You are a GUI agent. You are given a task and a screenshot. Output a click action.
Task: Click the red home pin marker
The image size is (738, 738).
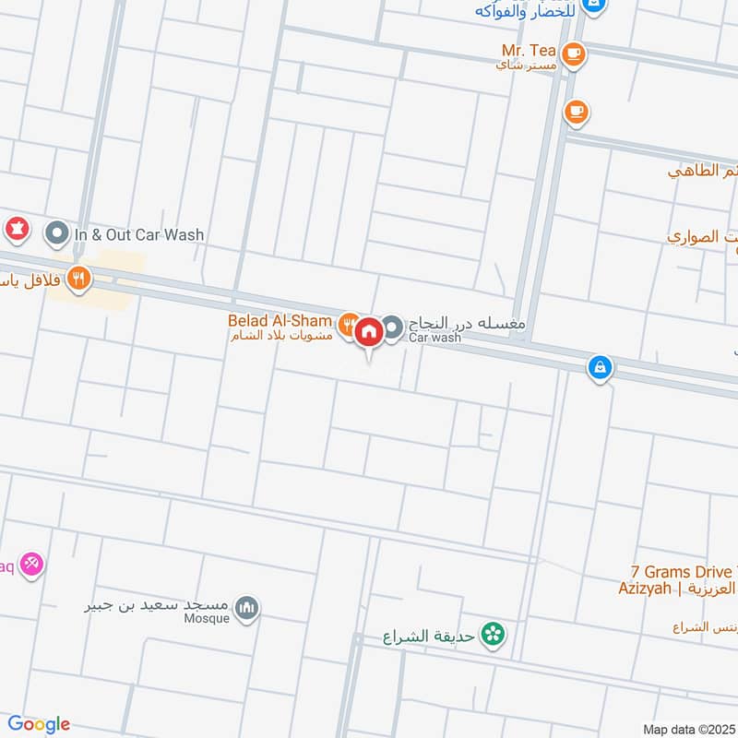pos(369,331)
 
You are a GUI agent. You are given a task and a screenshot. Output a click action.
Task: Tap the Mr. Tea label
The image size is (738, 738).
pos(529,50)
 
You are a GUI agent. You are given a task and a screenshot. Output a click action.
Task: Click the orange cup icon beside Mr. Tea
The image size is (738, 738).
pos(574,53)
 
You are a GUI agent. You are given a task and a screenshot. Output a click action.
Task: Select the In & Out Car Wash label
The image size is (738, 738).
pos(138,234)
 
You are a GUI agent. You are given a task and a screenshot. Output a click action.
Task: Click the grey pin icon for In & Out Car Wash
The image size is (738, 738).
pos(57,233)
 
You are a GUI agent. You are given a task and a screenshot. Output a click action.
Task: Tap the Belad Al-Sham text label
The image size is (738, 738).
pos(280,320)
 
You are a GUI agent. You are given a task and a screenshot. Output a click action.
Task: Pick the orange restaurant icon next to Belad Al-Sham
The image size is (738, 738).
pos(347,324)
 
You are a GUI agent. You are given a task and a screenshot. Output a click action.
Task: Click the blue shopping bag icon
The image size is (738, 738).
pos(601,367)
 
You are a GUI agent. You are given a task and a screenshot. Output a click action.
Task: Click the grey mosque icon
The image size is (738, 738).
pos(246,608)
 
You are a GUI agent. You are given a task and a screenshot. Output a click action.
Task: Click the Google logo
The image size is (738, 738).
pos(38,724)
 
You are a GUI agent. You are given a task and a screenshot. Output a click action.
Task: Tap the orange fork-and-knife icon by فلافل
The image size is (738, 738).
pos(79,278)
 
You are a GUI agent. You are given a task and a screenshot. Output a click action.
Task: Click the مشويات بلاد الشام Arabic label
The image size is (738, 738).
pos(280,336)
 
